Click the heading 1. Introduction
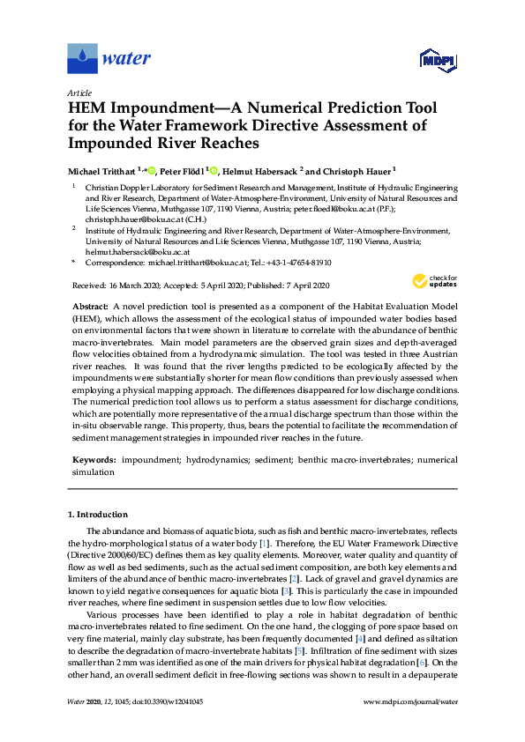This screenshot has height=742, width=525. (97, 514)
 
